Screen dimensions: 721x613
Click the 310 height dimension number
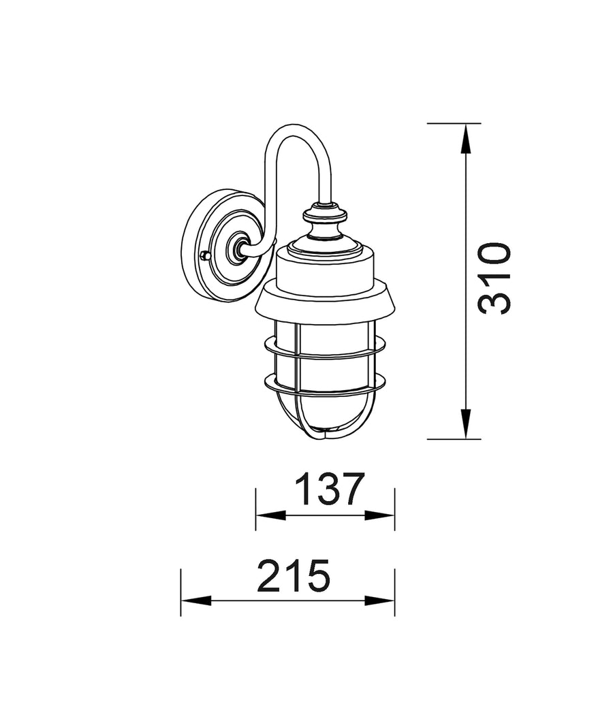494,278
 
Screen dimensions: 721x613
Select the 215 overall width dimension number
294,576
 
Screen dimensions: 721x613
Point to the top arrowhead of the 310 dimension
465,139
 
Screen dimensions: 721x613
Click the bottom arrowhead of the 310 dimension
465,423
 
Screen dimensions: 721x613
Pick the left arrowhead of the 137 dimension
268,515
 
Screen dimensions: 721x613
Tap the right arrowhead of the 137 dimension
381,515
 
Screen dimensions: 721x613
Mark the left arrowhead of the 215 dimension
194,601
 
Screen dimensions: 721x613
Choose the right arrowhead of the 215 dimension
381,601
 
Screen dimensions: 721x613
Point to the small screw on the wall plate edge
206,255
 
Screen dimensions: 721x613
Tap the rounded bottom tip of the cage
326,436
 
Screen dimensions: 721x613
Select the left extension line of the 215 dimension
180,592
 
